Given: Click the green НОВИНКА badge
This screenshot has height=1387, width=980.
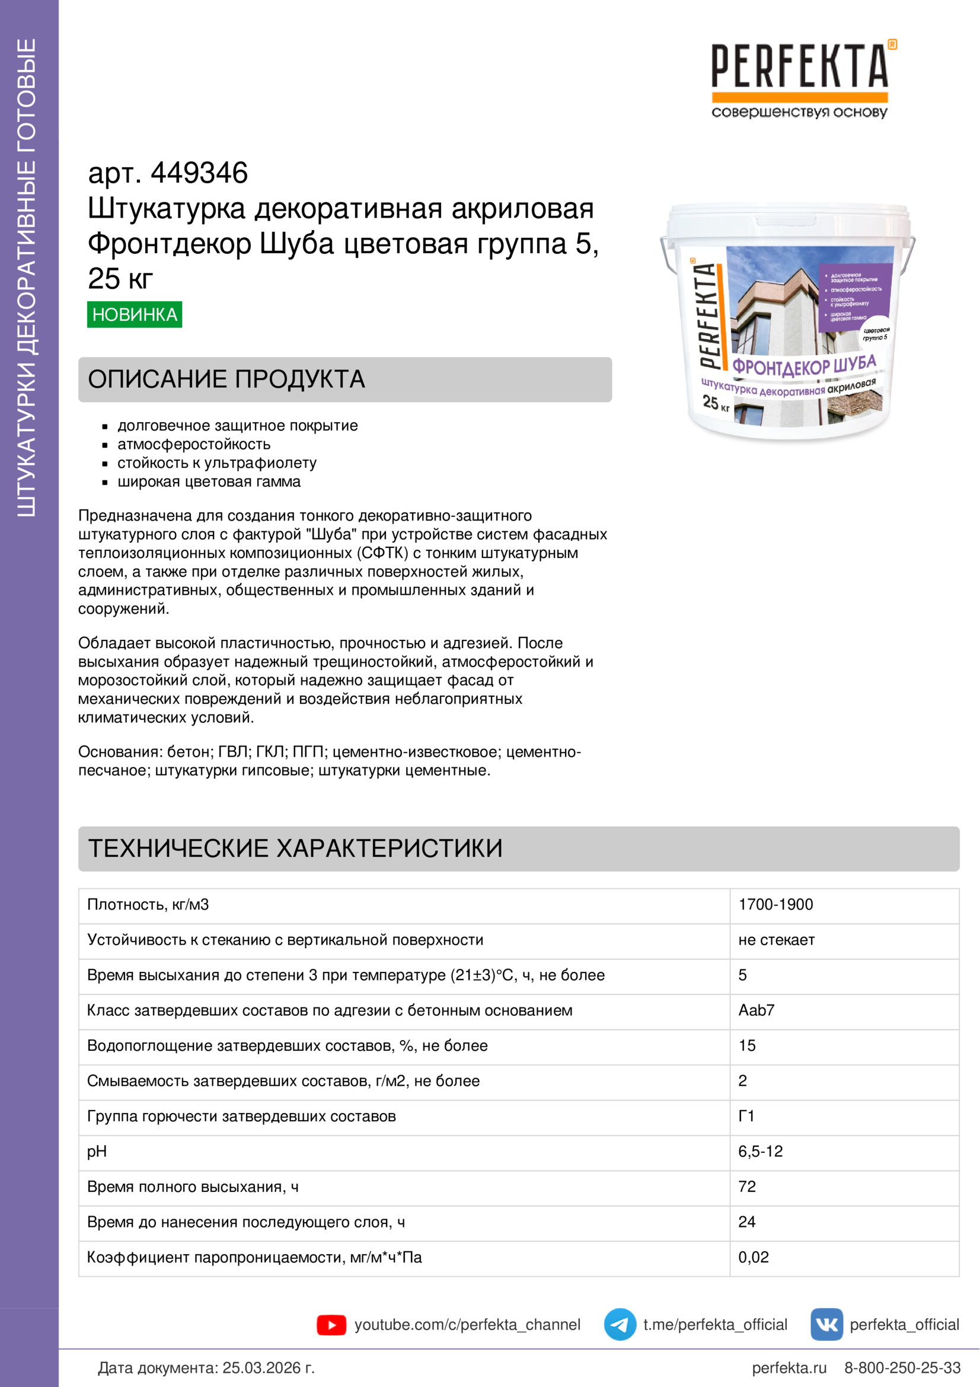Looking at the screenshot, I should tap(134, 314).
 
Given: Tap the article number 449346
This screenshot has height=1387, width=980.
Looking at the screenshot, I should tap(199, 173).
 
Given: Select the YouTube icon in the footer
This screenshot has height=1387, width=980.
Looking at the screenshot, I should tap(331, 1325).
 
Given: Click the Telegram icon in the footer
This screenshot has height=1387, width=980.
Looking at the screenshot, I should tap(620, 1325).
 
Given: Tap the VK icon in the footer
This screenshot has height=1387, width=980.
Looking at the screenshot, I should tap(826, 1325).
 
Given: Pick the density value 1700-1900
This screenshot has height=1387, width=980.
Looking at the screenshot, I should tap(775, 904).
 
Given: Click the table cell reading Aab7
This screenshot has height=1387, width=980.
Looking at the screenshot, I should tap(756, 1010).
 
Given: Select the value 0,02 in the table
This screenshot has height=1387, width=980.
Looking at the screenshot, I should tap(753, 1257).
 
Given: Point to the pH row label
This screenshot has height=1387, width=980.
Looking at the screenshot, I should tap(97, 1152).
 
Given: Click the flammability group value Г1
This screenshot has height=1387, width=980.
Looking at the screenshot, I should tap(746, 1116).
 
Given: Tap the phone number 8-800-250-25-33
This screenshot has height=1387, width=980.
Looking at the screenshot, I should tap(902, 1367).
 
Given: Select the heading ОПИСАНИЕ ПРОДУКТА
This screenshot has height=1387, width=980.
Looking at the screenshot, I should tap(226, 380).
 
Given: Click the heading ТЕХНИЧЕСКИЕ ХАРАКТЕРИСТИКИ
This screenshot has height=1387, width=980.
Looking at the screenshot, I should tap(295, 848).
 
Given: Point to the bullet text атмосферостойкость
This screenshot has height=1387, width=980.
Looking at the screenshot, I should tap(194, 444).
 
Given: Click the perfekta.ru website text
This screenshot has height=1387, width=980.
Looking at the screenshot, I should tap(789, 1367).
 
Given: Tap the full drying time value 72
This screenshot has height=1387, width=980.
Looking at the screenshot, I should tap(747, 1187).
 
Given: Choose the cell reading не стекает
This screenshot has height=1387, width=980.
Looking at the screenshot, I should tap(777, 940).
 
